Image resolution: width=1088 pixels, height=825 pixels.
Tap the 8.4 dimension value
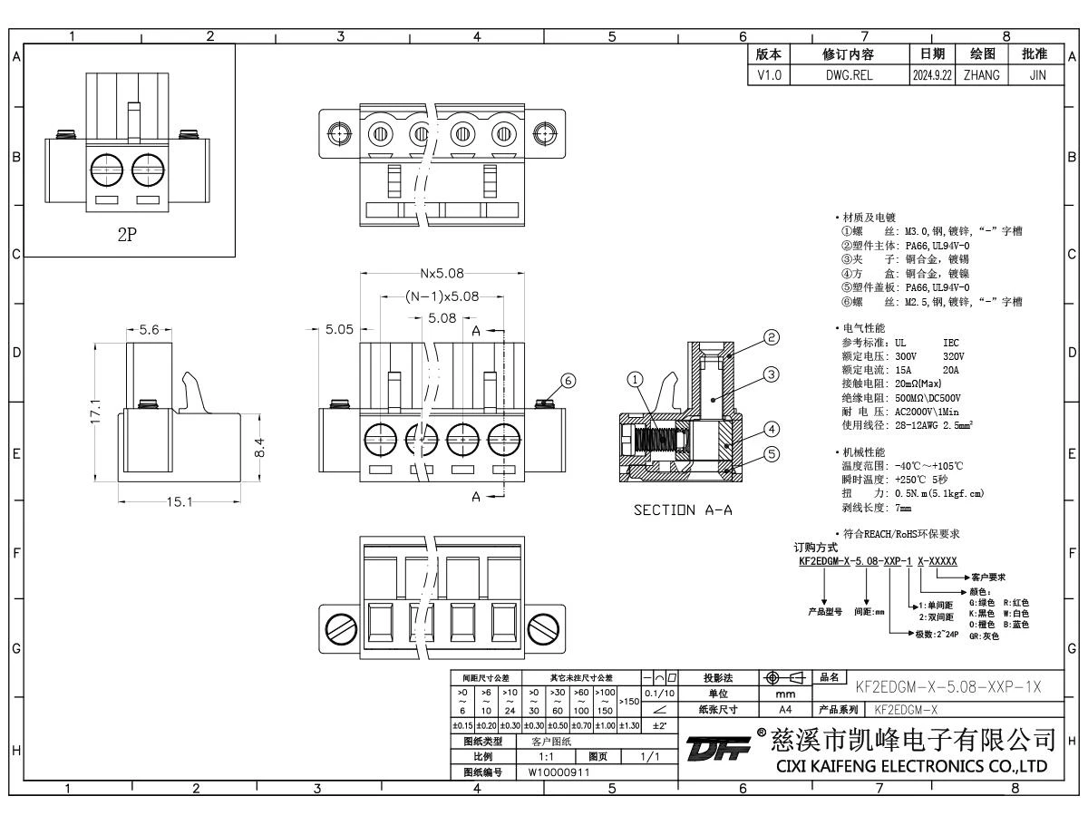(260, 448)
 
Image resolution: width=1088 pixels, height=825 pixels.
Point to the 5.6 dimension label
(149, 330)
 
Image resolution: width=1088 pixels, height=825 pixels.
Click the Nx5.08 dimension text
(441, 273)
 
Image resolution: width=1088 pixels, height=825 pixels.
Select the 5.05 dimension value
(338, 330)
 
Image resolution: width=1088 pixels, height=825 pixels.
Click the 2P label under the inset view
(127, 233)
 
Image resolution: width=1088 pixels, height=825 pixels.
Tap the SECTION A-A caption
(683, 510)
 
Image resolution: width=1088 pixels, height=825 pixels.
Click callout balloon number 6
(568, 382)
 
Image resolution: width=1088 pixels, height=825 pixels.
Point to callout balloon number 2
(772, 338)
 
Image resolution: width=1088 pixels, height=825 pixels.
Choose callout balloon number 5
(772, 454)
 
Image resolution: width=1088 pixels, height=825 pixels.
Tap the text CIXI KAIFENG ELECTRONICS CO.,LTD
(911, 767)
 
